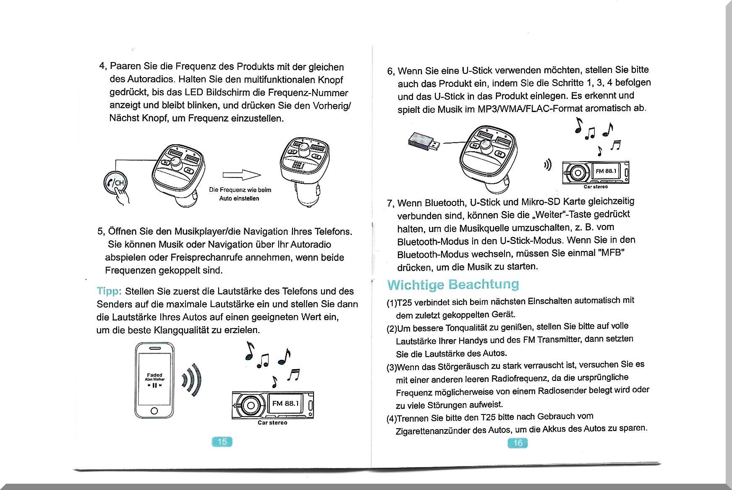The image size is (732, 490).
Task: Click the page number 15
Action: (222, 441)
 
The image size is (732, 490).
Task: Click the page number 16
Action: (518, 443)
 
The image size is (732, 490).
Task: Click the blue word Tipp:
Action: (109, 291)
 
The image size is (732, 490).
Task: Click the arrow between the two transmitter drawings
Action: (241, 175)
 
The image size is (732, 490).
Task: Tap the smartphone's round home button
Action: (154, 410)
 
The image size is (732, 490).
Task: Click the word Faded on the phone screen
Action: (154, 375)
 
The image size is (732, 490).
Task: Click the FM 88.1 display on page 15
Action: (285, 404)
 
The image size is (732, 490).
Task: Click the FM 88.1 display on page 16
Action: (606, 171)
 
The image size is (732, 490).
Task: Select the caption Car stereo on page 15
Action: (272, 423)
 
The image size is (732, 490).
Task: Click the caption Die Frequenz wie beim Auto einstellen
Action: (240, 194)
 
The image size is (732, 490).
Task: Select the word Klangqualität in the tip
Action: (181, 330)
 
